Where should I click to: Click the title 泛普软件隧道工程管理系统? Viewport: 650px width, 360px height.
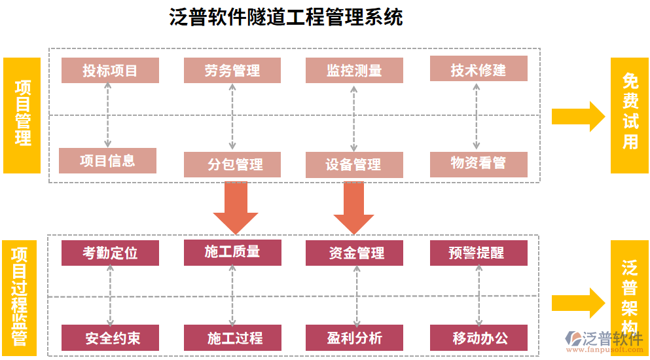(x=286, y=17)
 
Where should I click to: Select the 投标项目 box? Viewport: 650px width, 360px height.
(x=110, y=71)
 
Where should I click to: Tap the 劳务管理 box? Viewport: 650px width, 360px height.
(x=232, y=71)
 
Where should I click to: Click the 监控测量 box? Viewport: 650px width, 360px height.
(x=354, y=71)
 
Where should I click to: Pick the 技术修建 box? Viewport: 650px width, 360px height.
(x=478, y=69)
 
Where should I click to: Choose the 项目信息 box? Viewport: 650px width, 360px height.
(x=107, y=160)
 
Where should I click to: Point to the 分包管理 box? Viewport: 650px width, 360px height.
(x=232, y=165)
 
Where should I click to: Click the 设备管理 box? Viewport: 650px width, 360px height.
(x=354, y=165)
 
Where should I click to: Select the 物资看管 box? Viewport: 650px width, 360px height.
(x=478, y=164)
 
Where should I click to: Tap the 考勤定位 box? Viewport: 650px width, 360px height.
(x=110, y=253)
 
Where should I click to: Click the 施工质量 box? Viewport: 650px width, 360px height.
(x=232, y=252)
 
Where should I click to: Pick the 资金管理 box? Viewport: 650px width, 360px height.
(x=354, y=253)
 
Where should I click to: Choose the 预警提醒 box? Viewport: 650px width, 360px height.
(x=478, y=253)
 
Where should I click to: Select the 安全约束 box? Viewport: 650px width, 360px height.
(x=110, y=338)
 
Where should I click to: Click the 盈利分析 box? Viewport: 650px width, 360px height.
(x=354, y=338)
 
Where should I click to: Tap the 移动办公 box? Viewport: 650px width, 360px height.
(x=478, y=338)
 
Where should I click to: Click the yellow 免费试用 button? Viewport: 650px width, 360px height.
(x=629, y=115)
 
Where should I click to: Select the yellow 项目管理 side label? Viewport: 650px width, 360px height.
(x=22, y=115)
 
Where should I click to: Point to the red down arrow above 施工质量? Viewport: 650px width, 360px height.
(x=235, y=206)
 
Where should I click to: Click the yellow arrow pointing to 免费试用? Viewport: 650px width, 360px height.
(x=578, y=117)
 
